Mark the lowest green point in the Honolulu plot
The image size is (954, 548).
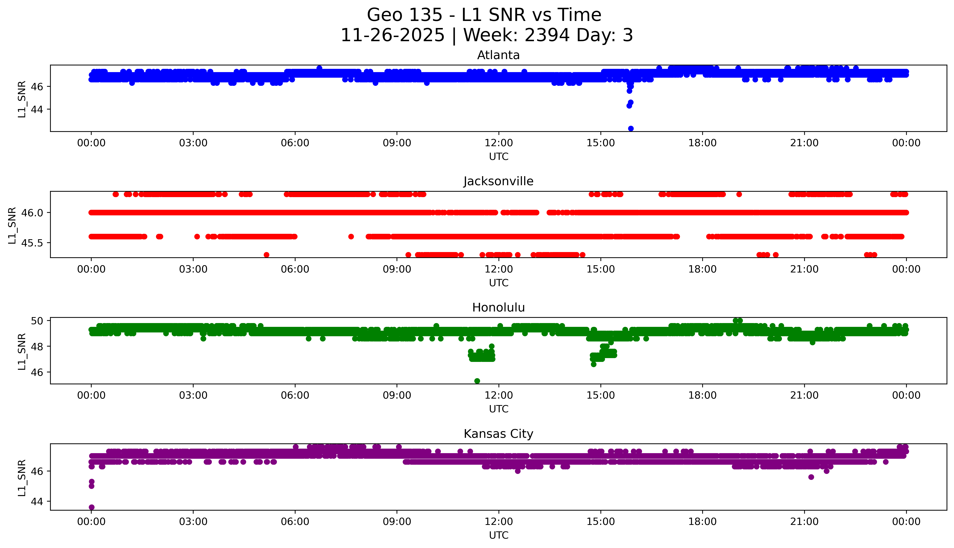click(477, 381)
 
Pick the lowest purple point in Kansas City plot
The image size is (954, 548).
click(91, 507)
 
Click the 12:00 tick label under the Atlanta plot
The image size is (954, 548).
click(499, 143)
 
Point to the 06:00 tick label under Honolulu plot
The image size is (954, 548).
click(295, 395)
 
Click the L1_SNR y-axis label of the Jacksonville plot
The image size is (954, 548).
click(12, 225)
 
